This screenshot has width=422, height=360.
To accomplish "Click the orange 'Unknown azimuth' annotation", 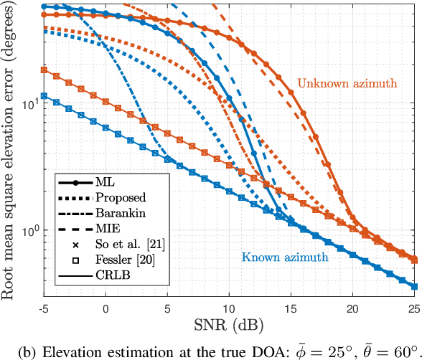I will tap(347, 82).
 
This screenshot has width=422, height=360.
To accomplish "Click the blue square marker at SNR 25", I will tap(414, 287).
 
